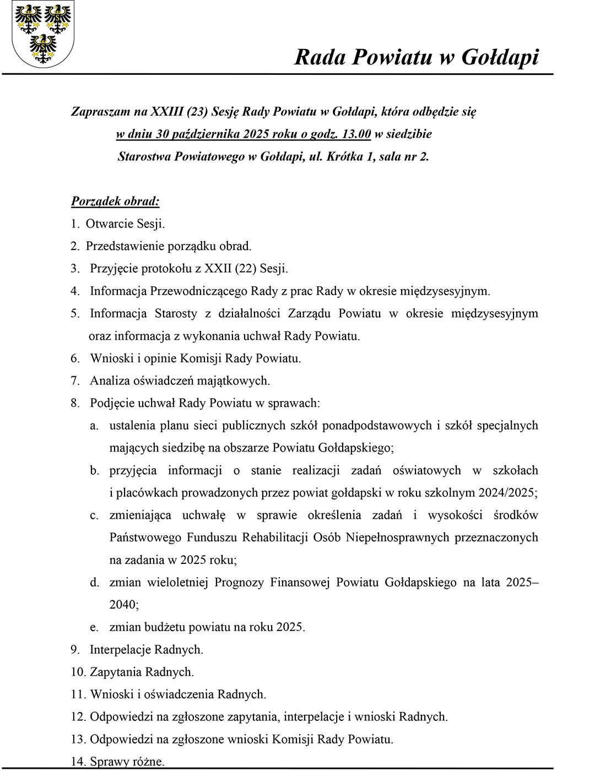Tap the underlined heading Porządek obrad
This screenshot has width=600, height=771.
coord(115,201)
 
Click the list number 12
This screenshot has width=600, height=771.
coord(78,717)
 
